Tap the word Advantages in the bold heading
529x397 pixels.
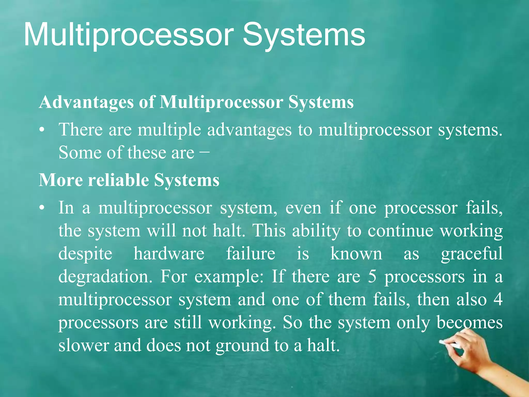(86, 102)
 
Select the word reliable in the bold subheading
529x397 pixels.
(118, 180)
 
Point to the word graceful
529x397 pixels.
(472, 254)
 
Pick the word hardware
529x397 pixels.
(169, 254)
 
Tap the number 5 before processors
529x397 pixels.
(372, 277)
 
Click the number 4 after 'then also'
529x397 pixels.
(498, 300)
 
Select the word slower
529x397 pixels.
(84, 346)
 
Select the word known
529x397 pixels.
(356, 254)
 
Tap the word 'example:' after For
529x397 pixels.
(229, 277)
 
